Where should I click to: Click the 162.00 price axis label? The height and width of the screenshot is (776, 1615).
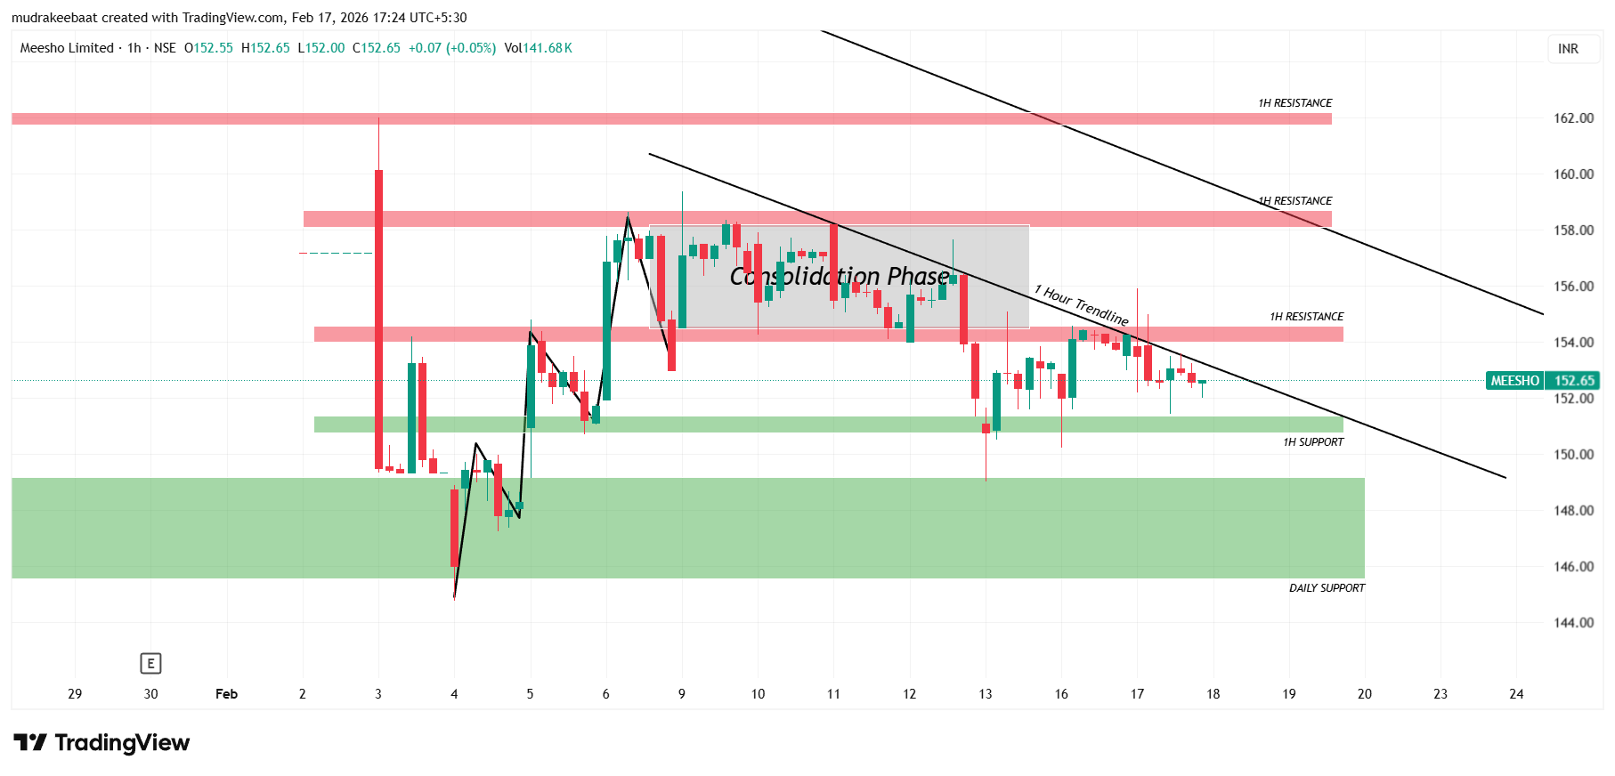coord(1573,118)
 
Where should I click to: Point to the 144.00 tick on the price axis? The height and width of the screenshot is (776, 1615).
coord(1573,623)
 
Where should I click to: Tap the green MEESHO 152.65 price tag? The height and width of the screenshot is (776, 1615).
coord(1542,381)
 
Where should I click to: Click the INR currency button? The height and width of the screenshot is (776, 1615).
coord(1568,49)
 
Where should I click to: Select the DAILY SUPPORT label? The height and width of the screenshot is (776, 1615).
coord(1327,588)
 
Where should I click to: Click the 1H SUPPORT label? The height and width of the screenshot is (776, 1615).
coord(1313,442)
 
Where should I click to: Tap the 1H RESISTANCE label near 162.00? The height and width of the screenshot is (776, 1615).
coord(1294,103)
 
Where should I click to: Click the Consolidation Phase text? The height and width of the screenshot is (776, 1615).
coord(840,277)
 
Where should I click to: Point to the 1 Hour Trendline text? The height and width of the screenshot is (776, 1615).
coord(1081,305)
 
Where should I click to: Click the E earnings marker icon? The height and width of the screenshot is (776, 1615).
coord(150,663)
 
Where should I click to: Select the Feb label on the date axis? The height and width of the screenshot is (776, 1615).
coord(226,694)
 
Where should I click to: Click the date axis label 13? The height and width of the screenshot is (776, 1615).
coord(985,694)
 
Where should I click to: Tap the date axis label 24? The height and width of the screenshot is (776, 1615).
coord(1516,694)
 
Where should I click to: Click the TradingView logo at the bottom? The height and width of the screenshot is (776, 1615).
coord(101,743)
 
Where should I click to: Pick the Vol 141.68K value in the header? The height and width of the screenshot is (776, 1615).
coord(538,48)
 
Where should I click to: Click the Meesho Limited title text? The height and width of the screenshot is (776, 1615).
coord(67,48)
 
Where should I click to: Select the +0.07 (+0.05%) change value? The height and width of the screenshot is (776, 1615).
coord(451,48)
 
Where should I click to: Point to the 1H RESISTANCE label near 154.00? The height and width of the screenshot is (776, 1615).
coord(1306,317)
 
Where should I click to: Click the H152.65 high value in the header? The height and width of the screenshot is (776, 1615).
coord(265,48)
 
